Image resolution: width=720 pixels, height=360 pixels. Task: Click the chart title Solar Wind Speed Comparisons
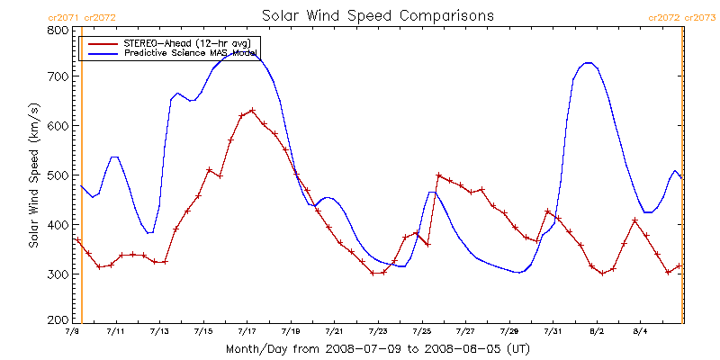tap(377, 15)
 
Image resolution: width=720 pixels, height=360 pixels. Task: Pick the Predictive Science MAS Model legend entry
tap(192, 54)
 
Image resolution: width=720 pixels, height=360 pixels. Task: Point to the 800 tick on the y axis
tap(56, 29)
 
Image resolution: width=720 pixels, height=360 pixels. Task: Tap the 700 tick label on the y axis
tap(56, 77)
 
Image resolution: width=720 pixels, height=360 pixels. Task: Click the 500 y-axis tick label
tap(56, 175)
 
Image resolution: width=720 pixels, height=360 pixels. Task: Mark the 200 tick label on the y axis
tap(56, 320)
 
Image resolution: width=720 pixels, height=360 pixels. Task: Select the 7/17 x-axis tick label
tap(247, 332)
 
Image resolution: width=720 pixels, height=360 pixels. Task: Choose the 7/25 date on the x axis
tap(421, 332)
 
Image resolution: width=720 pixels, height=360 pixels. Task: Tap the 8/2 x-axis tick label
tap(596, 332)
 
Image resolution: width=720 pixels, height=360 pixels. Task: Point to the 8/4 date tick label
tap(640, 332)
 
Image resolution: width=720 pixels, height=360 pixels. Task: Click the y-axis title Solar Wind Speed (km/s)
tap(33, 175)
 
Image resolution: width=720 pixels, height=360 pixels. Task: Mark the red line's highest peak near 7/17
tap(252, 111)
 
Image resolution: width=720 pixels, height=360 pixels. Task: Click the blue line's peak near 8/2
tap(588, 63)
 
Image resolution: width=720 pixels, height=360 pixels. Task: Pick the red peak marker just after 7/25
tap(438, 175)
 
